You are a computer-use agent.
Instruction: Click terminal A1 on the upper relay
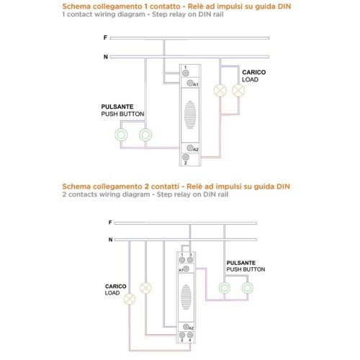tap(190, 83)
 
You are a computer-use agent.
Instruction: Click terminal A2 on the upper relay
tap(190, 148)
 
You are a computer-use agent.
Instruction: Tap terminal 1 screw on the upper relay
tap(186, 73)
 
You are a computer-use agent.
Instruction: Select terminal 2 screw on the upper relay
tap(186, 157)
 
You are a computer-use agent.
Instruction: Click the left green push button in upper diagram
tap(121, 135)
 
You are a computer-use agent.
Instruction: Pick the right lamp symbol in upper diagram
tap(238, 91)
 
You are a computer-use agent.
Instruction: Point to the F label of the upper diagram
tap(105, 37)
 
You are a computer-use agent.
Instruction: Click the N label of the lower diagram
tap(110, 240)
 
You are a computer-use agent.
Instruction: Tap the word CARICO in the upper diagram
tap(254, 72)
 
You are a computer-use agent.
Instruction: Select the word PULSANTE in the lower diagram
tap(241, 263)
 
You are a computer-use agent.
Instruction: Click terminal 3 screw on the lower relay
tap(190, 260)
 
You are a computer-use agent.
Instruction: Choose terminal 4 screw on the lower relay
tap(190, 335)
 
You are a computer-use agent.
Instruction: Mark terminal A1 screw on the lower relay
tap(186, 269)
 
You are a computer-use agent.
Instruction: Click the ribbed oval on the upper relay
tap(190, 114)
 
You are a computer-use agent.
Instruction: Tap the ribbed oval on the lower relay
tap(186, 297)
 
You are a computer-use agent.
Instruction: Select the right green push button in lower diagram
tap(247, 288)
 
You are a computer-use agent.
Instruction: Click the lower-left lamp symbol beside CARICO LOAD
tap(130, 299)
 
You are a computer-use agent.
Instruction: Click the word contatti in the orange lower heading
tap(165, 186)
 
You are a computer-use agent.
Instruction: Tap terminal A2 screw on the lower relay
tap(186, 327)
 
